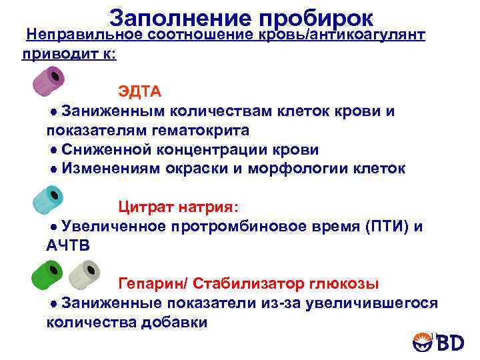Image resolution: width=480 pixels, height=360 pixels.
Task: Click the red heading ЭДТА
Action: pos(140,91)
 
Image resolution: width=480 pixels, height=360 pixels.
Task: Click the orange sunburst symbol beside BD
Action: pos(421,342)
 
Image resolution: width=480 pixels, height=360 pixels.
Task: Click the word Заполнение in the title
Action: pos(179,18)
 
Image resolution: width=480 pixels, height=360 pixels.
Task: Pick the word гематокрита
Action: pos(205,130)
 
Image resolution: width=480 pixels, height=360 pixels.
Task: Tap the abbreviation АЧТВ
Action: pos(67,246)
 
